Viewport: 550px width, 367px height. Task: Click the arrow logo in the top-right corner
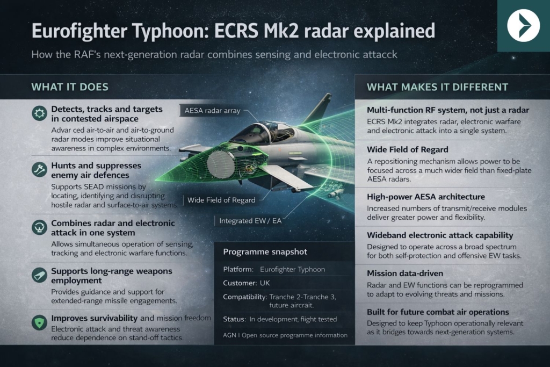pos(523,25)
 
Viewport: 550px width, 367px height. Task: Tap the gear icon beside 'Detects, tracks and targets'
pos(39,113)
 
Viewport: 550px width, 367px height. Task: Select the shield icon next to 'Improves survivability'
pos(39,322)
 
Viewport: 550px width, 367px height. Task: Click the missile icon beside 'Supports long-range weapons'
pos(39,275)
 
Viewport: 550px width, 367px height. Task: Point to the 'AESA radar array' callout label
pos(209,111)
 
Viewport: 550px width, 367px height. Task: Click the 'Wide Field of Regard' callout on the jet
pos(221,200)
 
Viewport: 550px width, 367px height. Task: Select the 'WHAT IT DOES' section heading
pos(69,87)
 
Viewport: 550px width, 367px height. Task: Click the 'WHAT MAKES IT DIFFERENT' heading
pos(437,87)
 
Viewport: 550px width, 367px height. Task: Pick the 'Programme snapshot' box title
pos(257,251)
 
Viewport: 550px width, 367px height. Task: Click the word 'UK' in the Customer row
pos(265,283)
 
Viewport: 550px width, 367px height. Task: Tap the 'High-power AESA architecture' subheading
pos(426,197)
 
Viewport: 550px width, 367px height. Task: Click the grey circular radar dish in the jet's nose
pos(220,164)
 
